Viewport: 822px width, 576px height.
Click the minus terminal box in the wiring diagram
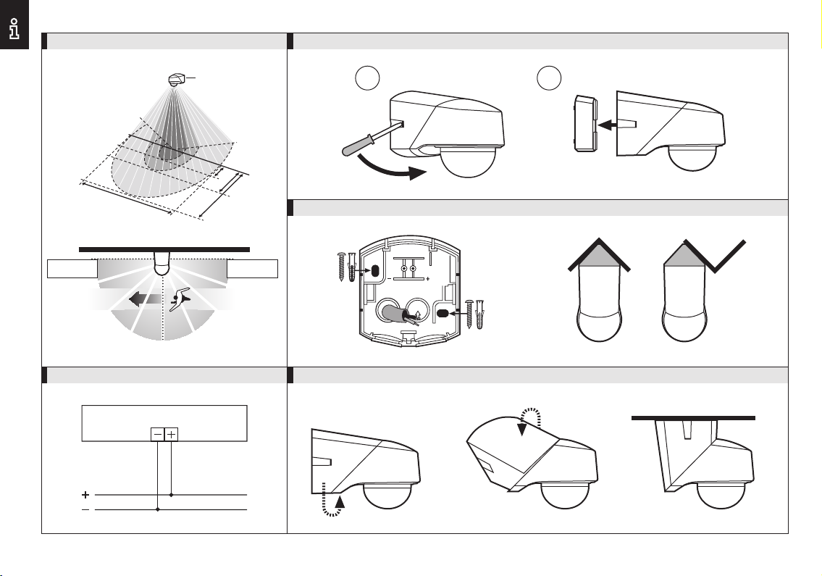[x=157, y=434]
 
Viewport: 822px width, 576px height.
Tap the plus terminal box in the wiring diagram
[x=172, y=434]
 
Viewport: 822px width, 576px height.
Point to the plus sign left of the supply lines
[x=85, y=495]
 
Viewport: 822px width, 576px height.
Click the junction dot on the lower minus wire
[x=157, y=509]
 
